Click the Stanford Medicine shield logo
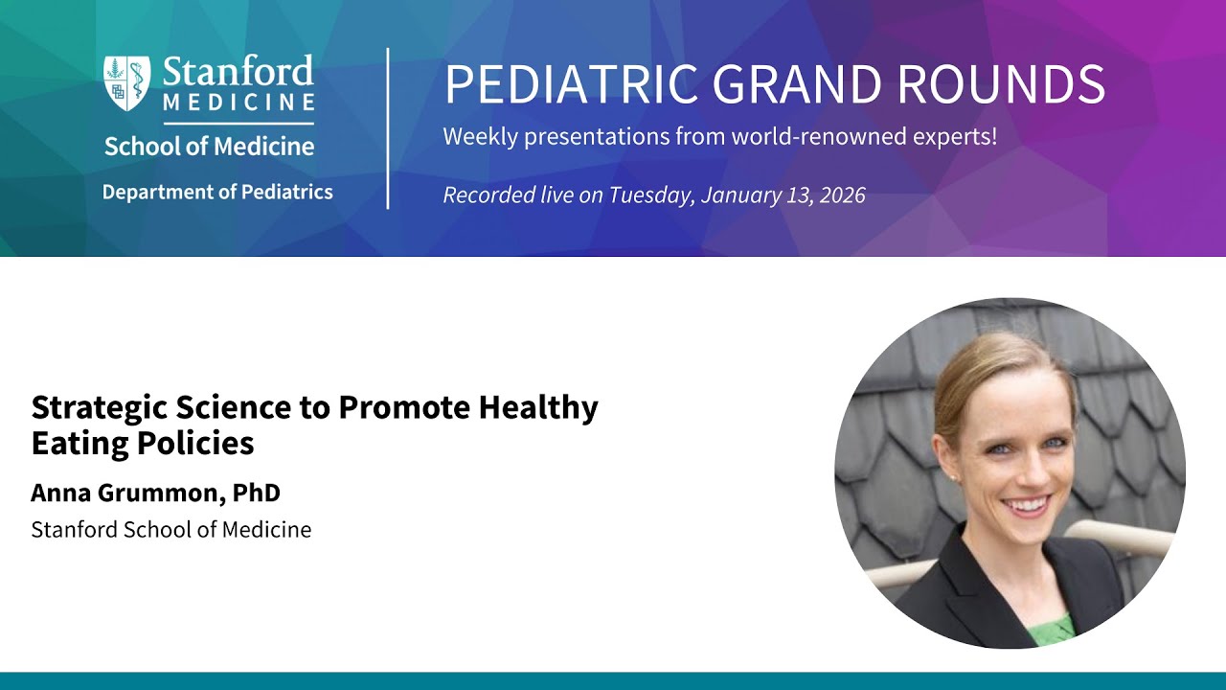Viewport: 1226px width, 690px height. [x=127, y=83]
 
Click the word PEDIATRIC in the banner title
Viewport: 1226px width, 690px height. [x=571, y=83]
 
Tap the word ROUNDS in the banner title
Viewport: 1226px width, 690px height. [x=1002, y=83]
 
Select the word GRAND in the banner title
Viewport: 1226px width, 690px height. [x=798, y=83]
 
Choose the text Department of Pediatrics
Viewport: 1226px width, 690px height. [x=217, y=193]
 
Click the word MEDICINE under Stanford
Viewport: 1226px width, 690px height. [x=239, y=102]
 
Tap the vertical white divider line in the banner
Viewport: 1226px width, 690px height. [x=388, y=128]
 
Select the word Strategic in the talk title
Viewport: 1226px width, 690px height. [x=100, y=408]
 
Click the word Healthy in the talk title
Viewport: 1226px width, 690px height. [x=538, y=407]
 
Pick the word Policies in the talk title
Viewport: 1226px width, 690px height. [x=195, y=443]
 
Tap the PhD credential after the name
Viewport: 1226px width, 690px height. [x=256, y=493]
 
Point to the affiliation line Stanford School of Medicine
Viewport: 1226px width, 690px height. [x=171, y=530]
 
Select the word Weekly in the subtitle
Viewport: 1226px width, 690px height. [x=480, y=137]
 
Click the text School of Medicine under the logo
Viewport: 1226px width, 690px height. [x=209, y=147]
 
